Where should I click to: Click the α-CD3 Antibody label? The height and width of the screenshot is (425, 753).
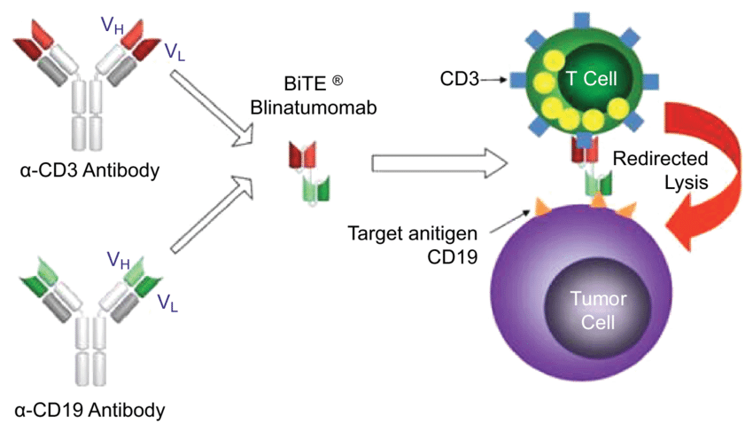(89, 170)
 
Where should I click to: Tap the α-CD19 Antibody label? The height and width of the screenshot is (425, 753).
(89, 410)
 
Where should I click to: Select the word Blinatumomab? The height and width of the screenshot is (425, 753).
(314, 107)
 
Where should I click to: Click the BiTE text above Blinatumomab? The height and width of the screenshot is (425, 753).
(306, 83)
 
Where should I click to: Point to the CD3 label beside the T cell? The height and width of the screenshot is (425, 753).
(460, 79)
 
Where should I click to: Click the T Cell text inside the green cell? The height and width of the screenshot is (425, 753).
(591, 78)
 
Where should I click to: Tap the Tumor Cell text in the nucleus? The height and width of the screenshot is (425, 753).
(598, 310)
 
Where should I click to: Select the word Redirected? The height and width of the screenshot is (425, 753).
(660, 158)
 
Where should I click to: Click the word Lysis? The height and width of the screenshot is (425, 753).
(687, 183)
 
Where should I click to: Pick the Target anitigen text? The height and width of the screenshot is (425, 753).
(413, 233)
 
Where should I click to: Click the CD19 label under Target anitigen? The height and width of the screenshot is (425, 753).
(453, 256)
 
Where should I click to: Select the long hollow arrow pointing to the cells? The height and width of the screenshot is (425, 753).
(439, 163)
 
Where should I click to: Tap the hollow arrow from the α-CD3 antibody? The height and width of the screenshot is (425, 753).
(212, 107)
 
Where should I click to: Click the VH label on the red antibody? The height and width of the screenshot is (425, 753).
(113, 26)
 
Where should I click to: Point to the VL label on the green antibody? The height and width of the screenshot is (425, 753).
(167, 303)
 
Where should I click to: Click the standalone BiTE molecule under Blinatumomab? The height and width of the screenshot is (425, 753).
(309, 172)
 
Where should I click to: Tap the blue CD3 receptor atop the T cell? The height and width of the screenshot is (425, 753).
(581, 21)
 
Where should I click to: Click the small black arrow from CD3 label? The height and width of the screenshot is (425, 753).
(493, 80)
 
